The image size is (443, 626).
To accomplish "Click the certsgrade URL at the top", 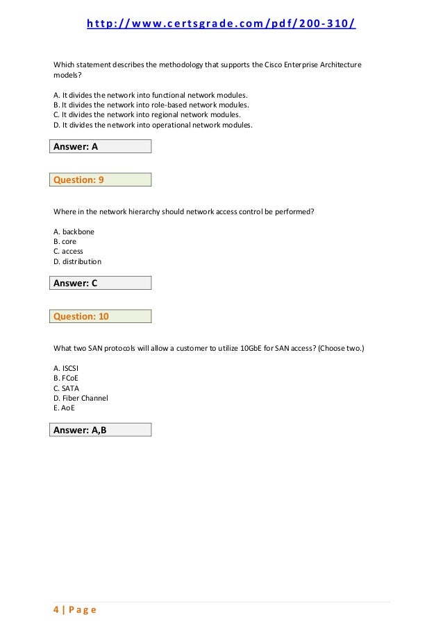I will [221, 26].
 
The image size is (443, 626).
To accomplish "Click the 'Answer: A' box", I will [101, 146].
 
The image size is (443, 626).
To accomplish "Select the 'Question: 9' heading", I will [101, 180].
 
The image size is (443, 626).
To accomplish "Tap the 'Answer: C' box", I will [101, 283].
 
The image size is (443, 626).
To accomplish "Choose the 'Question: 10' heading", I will [101, 317].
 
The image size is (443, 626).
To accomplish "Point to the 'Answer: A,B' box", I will [101, 430].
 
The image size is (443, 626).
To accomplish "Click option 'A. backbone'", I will [74, 231].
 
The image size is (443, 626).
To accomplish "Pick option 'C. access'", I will [68, 252].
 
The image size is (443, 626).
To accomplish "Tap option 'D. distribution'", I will [77, 262].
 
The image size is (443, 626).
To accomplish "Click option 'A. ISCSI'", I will [68, 367].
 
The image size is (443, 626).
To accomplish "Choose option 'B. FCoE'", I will [66, 378].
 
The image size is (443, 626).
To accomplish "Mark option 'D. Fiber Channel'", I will [81, 399].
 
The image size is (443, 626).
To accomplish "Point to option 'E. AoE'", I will [65, 409].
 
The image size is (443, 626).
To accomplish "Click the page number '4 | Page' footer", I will [75, 610].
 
